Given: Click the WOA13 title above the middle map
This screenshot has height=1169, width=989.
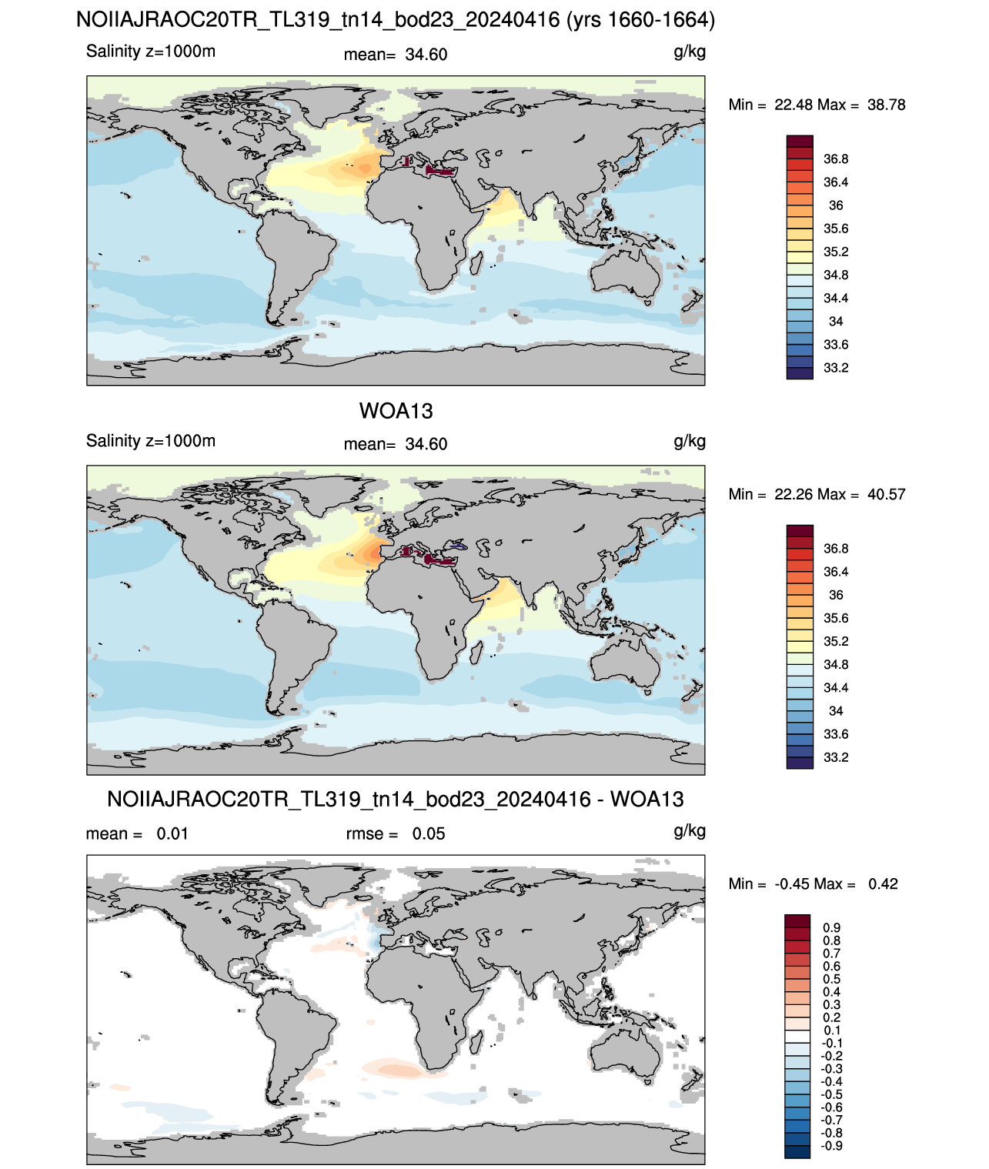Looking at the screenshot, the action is pyautogui.click(x=396, y=411).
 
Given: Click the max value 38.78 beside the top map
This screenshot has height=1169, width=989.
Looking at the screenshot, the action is pyautogui.click(x=886, y=105).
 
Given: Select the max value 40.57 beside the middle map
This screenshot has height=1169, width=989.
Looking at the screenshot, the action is pyautogui.click(x=886, y=494).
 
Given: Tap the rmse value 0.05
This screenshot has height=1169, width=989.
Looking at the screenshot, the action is pyautogui.click(x=428, y=833).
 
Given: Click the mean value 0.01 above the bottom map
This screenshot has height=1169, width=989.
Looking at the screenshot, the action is pyautogui.click(x=172, y=833).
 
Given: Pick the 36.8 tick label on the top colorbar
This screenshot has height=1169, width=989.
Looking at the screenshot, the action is pyautogui.click(x=836, y=159).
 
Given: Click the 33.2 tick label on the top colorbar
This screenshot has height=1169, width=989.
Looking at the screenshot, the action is pyautogui.click(x=836, y=368).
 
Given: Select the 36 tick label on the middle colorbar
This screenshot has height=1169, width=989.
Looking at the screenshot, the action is pyautogui.click(x=836, y=595).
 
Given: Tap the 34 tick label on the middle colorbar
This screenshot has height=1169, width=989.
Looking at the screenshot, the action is pyautogui.click(x=836, y=711).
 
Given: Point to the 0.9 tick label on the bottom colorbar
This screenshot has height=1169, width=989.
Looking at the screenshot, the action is pyautogui.click(x=831, y=927).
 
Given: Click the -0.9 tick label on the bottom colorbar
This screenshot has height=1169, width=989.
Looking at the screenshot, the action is pyautogui.click(x=831, y=1146).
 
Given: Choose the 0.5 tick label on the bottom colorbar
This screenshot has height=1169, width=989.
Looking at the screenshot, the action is pyautogui.click(x=831, y=979).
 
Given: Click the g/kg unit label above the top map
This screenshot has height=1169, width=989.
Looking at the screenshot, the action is pyautogui.click(x=690, y=52).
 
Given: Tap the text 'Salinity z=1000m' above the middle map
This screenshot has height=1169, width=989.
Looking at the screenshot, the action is pyautogui.click(x=150, y=440).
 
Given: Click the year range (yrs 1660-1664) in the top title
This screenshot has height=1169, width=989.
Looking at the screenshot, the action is pyautogui.click(x=640, y=20).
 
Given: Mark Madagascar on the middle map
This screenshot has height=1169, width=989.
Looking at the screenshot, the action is pyautogui.click(x=476, y=653).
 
